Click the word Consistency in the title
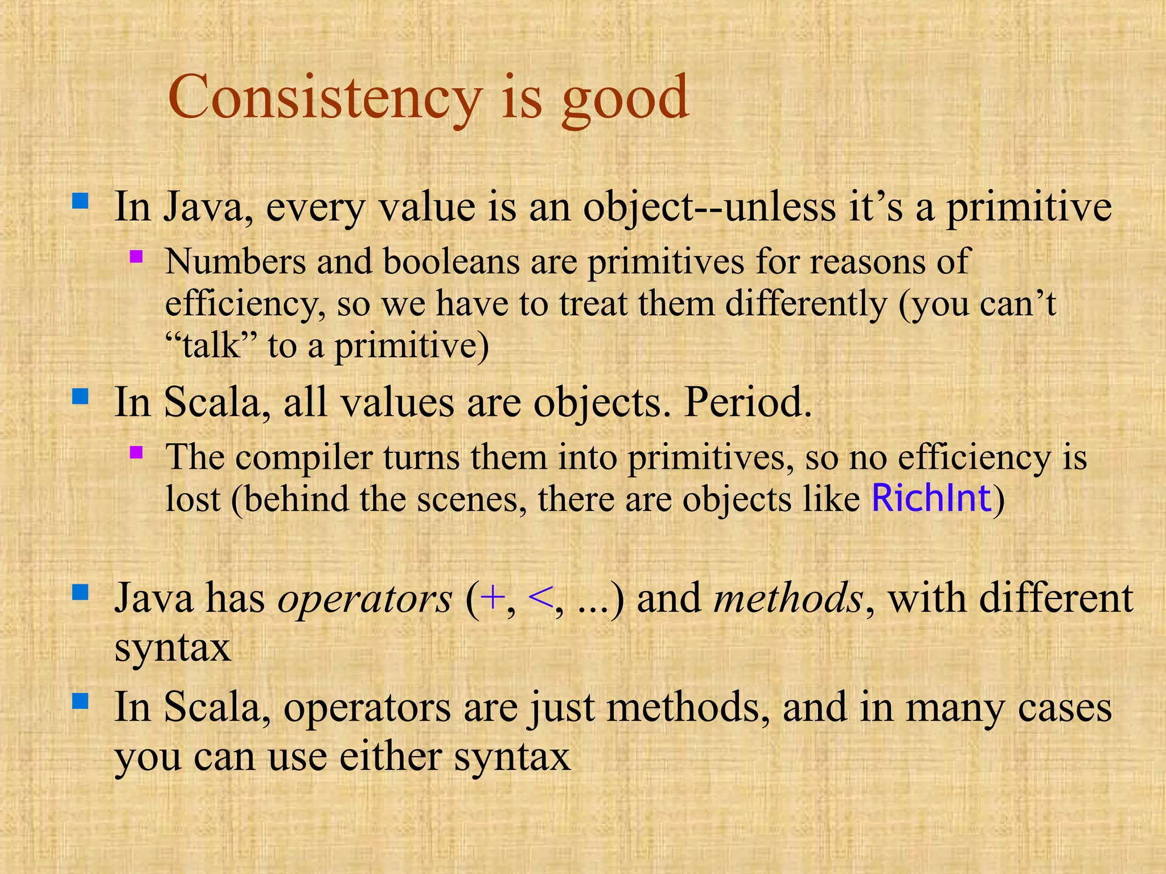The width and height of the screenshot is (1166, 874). coord(325,98)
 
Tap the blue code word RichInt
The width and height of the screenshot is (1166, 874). coord(931,498)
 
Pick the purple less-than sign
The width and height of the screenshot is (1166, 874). coord(539,598)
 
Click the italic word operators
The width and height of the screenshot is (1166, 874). coord(364,599)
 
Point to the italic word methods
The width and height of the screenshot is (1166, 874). coord(788,599)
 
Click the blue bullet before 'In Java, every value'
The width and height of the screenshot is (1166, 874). coord(80,201)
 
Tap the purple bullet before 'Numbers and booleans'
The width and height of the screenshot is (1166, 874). coord(136,256)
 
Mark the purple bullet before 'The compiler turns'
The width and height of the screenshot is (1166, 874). coord(136,452)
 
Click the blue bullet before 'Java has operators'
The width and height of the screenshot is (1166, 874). coord(80,593)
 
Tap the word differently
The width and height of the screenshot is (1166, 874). coord(805,304)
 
